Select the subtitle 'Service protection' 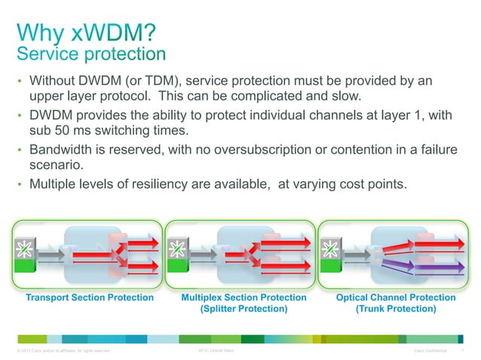[x=90, y=54]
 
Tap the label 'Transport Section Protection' [x=90, y=298]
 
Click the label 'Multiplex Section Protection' [x=244, y=298]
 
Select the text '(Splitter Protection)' [x=244, y=310]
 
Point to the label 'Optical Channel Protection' [x=396, y=298]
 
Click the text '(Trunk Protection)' [x=396, y=310]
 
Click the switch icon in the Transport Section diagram [x=22, y=247]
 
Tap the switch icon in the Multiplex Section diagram [x=177, y=247]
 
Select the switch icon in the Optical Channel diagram [x=329, y=247]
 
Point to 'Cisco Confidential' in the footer [x=430, y=351]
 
